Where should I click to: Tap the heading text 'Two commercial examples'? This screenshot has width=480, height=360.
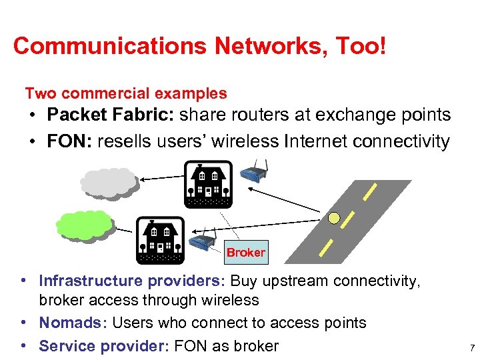click(126, 93)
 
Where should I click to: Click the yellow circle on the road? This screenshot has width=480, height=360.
click(334, 217)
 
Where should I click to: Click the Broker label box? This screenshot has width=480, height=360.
click(245, 253)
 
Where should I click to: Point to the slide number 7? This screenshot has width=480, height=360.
click(471, 348)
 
